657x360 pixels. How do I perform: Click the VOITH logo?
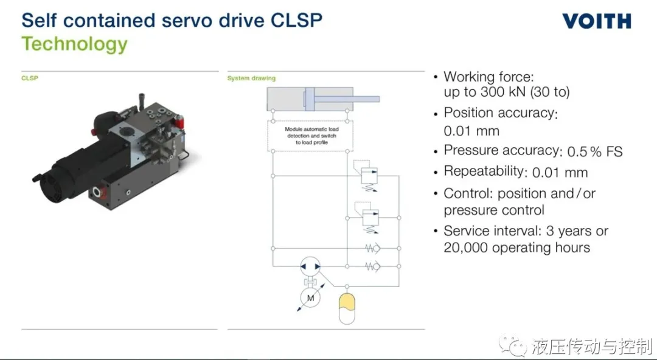coord(597,21)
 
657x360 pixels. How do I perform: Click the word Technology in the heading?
coord(75,44)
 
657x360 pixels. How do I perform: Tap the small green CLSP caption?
coord(30,78)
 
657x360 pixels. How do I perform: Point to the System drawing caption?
coord(251,78)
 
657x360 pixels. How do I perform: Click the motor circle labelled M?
coord(310,298)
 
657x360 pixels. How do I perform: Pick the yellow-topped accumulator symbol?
coord(347,309)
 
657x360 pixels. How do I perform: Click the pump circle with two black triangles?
coord(310,266)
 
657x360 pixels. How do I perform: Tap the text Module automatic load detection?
coord(311,133)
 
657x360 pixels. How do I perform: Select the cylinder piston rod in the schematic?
coord(347,99)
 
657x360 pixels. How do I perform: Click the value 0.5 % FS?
coord(595,151)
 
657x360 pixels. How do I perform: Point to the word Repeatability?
coord(484,172)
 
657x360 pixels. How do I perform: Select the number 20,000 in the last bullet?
coord(466,247)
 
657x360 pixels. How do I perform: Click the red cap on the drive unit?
coord(179,122)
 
